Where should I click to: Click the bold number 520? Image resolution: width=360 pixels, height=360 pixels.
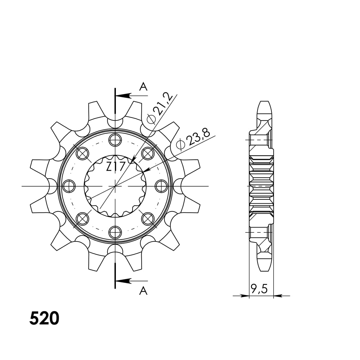[44, 319]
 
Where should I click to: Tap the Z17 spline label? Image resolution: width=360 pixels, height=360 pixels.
[115, 167]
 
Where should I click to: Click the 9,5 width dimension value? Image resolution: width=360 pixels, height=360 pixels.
[259, 289]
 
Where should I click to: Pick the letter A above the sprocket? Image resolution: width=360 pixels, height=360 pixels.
[143, 87]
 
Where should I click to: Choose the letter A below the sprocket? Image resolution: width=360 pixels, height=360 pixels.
[143, 290]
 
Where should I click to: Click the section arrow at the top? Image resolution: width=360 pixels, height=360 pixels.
[124, 96]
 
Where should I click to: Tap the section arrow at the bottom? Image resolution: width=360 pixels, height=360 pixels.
[124, 281]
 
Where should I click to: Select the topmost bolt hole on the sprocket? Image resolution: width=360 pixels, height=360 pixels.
[115, 140]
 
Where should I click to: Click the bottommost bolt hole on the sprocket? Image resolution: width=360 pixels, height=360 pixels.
[115, 232]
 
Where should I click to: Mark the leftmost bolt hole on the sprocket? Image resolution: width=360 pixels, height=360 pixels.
[69, 186]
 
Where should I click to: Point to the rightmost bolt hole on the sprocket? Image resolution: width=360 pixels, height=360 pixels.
[161, 186]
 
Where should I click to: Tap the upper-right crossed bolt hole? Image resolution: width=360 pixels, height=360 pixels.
[148, 153]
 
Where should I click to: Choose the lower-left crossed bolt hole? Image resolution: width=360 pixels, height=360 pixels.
[82, 219]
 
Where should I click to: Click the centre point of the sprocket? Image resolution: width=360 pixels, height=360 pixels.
[115, 186]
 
